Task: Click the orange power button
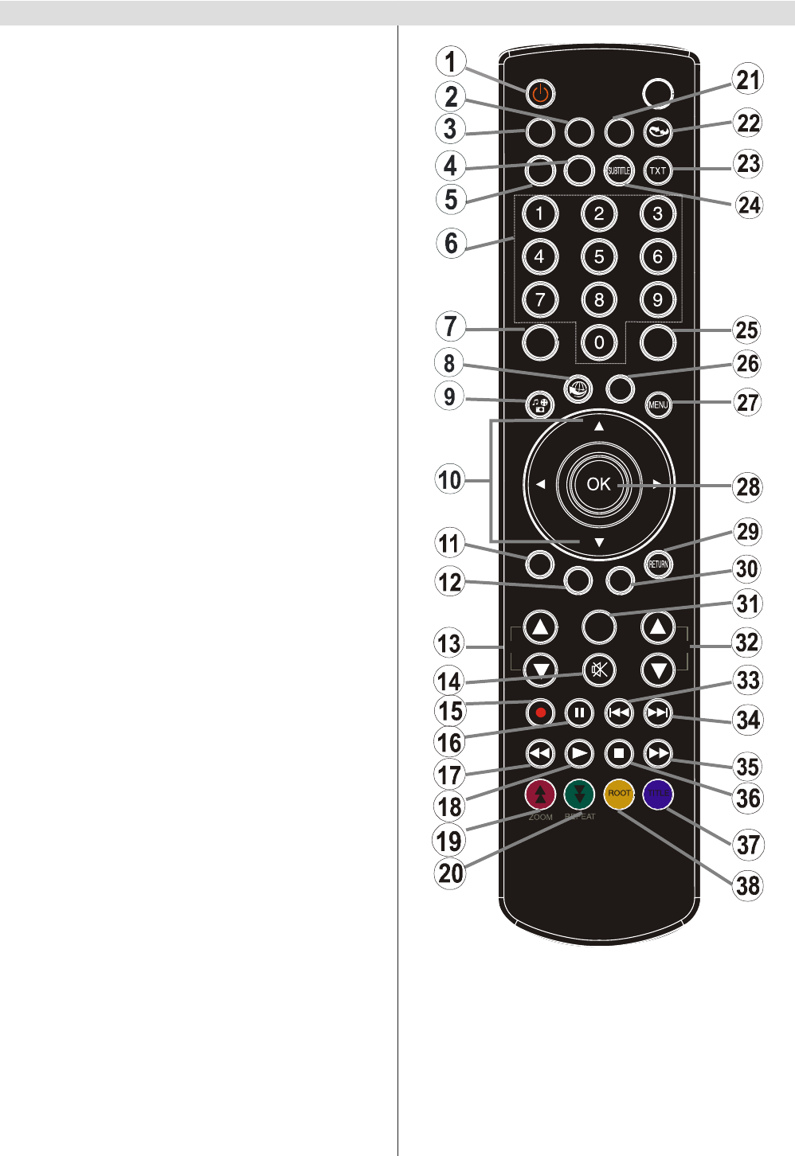click(540, 94)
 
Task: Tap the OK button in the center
click(598, 484)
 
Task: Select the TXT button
click(657, 170)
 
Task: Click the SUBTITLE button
click(619, 170)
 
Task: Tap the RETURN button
click(658, 564)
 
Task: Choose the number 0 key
click(599, 343)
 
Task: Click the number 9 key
click(657, 300)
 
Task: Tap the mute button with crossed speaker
click(599, 670)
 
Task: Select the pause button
click(579, 713)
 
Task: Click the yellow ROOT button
click(619, 794)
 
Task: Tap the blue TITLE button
click(658, 794)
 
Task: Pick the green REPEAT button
click(579, 794)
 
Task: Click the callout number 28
click(748, 487)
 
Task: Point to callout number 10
click(450, 480)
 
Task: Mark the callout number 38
click(748, 885)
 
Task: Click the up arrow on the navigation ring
click(599, 427)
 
